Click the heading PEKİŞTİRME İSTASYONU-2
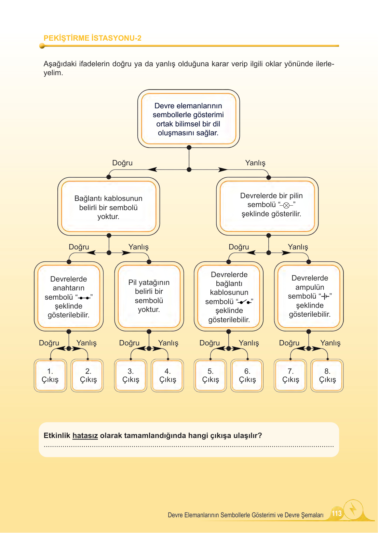click(92, 38)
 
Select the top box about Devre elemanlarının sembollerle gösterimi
click(188, 119)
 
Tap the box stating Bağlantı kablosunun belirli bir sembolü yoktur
click(108, 207)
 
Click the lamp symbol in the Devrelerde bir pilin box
click(286, 205)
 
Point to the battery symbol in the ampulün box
click(325, 296)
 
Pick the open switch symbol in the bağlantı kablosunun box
click(244, 302)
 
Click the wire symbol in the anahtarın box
click(84, 298)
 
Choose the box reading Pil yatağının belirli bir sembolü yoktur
click(149, 296)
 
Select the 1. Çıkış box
click(50, 375)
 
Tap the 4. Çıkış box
click(167, 375)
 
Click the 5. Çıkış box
click(210, 375)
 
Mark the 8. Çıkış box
click(327, 375)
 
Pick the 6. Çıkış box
click(247, 375)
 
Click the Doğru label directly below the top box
click(122, 163)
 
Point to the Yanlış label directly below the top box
click(255, 163)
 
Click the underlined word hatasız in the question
click(85, 436)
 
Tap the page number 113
click(337, 513)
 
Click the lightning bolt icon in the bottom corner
click(353, 510)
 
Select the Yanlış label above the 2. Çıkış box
click(86, 343)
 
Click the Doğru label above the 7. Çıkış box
click(289, 343)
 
